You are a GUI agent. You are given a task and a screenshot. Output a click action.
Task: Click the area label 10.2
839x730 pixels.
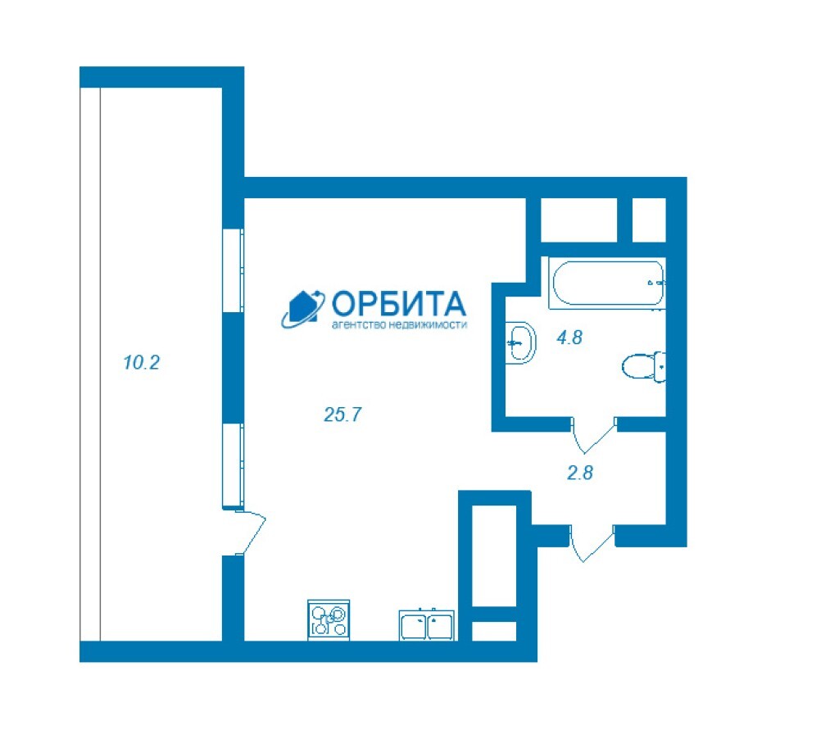141,363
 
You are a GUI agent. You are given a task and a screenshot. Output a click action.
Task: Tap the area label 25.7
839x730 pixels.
342,415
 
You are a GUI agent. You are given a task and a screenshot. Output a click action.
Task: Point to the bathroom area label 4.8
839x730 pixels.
569,338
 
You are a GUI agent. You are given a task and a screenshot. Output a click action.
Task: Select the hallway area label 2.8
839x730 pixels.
580,473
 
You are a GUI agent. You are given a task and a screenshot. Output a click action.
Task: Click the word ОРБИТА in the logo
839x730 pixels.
399,304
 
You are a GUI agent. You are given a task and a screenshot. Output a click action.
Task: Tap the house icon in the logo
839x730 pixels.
303,309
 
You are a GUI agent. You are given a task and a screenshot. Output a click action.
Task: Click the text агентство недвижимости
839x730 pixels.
399,324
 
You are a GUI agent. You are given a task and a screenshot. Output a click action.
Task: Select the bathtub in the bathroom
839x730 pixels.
607,283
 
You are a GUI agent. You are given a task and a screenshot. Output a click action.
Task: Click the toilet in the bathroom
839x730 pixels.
644,367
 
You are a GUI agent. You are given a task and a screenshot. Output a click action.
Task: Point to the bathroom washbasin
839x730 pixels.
520,342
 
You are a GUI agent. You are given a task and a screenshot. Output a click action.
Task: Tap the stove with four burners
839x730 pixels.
329,619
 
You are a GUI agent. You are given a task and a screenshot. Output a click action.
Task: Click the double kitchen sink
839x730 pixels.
426,625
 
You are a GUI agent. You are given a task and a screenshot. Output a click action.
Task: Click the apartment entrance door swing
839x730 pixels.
592,544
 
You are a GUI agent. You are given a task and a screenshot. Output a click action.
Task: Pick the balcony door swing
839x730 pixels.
251,532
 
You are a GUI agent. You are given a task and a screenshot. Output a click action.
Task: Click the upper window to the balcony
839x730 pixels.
234,270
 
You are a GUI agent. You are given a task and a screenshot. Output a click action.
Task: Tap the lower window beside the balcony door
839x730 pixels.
234,465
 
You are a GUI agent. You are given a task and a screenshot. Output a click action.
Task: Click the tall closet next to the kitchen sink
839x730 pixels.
494,555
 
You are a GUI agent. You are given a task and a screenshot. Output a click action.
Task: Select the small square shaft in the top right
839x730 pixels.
649,220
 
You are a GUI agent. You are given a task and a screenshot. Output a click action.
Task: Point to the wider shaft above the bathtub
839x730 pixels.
579,220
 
